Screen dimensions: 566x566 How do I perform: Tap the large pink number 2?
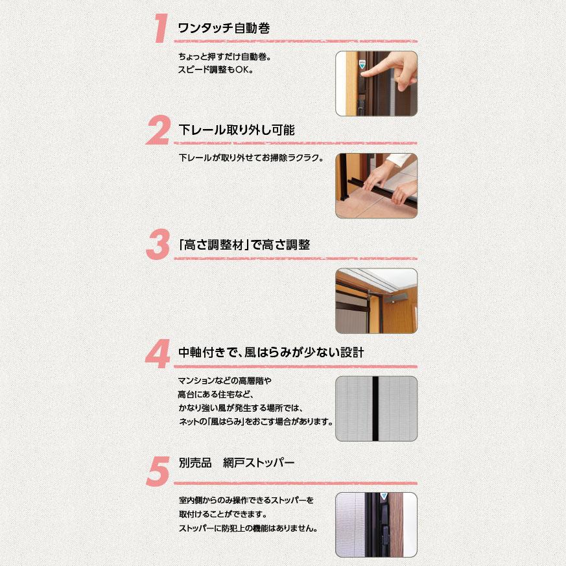[158, 132]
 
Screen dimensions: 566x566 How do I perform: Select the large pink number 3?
[158, 246]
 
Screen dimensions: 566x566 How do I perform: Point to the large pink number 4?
[158, 354]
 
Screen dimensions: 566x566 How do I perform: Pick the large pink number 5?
[158, 471]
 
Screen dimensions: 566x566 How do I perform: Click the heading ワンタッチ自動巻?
[223, 29]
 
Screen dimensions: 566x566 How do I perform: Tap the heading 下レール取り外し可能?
[236, 130]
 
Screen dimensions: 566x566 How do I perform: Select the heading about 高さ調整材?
[242, 245]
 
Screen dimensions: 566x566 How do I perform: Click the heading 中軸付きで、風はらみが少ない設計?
[271, 353]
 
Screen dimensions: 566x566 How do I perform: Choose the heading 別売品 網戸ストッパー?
[236, 463]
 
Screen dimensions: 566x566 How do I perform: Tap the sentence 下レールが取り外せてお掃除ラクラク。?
[250, 158]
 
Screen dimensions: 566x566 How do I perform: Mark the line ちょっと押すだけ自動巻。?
[224, 56]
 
